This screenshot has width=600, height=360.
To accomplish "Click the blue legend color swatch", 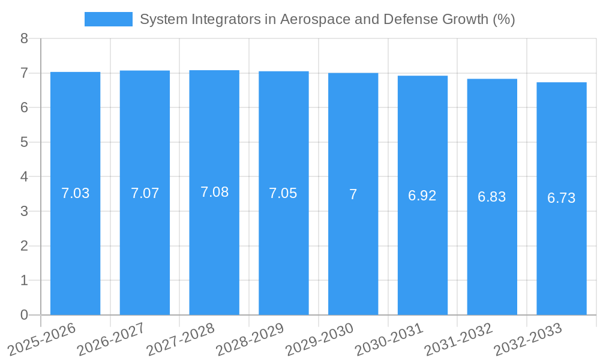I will (108, 19).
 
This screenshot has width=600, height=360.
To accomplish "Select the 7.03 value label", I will (76, 194).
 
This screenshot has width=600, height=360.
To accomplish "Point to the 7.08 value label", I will (214, 193).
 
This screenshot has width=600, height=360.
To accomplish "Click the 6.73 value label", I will (561, 198).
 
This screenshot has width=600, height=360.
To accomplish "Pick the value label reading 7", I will (353, 194).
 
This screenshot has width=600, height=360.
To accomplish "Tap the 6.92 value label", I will (422, 196).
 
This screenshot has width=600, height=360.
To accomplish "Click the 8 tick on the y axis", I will (24, 39).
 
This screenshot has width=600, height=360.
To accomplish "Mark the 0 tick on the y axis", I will (24, 315).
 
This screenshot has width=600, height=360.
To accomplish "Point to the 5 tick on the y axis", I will (24, 142).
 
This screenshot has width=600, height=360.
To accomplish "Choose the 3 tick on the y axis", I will (24, 211).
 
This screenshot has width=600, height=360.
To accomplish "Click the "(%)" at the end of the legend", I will (503, 19).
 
